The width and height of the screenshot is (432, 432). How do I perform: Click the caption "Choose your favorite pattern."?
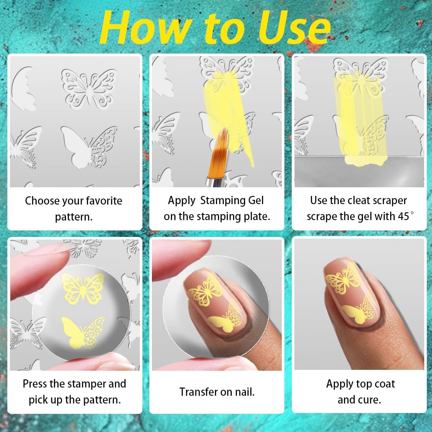click(x=74, y=208)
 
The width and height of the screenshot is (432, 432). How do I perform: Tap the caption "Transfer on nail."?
click(x=217, y=392)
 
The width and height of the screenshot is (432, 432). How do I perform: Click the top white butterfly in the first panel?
click(x=88, y=89)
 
